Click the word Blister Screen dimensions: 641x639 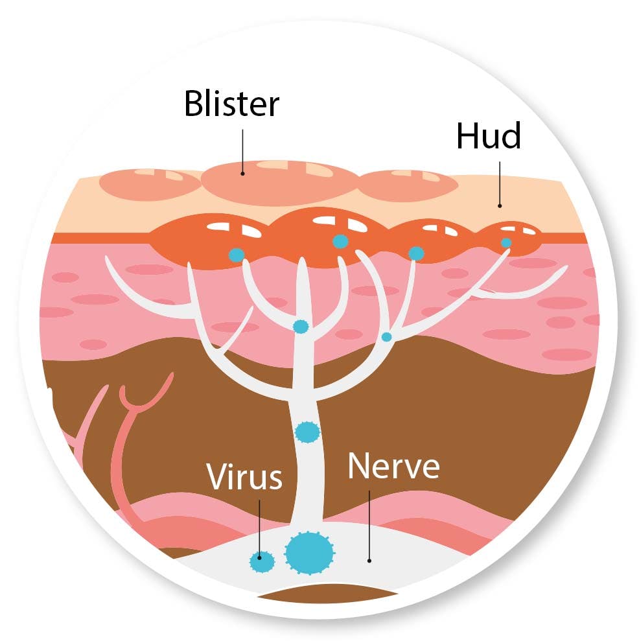pyautogui.click(x=231, y=104)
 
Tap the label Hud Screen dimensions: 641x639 pyautogui.click(x=488, y=135)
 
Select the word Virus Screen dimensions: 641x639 pyautogui.click(x=244, y=476)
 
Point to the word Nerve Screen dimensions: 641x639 pyautogui.click(x=393, y=467)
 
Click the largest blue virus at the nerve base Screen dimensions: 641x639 pyautogui.click(x=309, y=552)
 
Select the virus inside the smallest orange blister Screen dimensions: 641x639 pyautogui.click(x=505, y=243)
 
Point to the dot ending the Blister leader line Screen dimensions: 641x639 pyautogui.click(x=243, y=173)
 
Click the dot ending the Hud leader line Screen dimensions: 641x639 pyautogui.click(x=500, y=206)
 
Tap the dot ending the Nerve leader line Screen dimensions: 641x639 pyautogui.click(x=369, y=561)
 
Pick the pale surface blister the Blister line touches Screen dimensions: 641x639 pyautogui.click(x=279, y=181)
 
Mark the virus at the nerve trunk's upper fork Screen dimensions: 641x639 pyautogui.click(x=300, y=326)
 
